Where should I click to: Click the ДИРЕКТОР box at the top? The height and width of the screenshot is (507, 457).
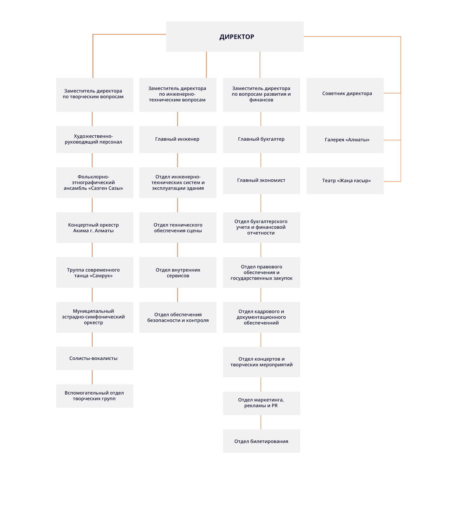point(235,36)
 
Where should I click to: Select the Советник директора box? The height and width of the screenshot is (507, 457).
point(345,95)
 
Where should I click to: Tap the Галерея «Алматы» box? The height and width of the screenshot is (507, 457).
point(345,139)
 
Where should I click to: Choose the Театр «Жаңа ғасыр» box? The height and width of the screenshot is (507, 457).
point(345,181)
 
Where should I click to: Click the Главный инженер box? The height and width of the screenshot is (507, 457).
point(178,139)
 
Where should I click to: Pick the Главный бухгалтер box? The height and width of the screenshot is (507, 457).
point(262,139)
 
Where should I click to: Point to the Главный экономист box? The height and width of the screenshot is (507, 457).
point(262,181)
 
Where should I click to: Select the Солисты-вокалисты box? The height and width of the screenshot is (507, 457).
point(95,358)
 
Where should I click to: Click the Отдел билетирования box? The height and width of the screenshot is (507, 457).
point(262,441)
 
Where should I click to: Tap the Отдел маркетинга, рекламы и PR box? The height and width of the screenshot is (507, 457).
point(262,403)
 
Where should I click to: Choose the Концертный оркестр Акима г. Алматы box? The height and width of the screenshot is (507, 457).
point(95,228)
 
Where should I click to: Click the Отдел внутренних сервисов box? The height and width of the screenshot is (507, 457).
point(178,273)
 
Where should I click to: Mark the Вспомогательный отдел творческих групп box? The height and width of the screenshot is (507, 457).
point(95,396)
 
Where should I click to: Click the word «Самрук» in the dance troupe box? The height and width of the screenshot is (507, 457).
point(101,276)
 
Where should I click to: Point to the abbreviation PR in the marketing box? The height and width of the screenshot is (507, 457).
point(275,406)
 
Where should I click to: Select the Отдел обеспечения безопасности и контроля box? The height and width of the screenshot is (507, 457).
point(178,317)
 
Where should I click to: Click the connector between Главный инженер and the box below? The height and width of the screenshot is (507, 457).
point(177,160)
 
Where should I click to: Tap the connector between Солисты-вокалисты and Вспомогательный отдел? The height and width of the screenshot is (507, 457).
point(92,377)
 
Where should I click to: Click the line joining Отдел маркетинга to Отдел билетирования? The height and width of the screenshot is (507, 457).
point(261,422)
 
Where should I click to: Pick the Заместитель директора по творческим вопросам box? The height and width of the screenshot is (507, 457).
point(95,95)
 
